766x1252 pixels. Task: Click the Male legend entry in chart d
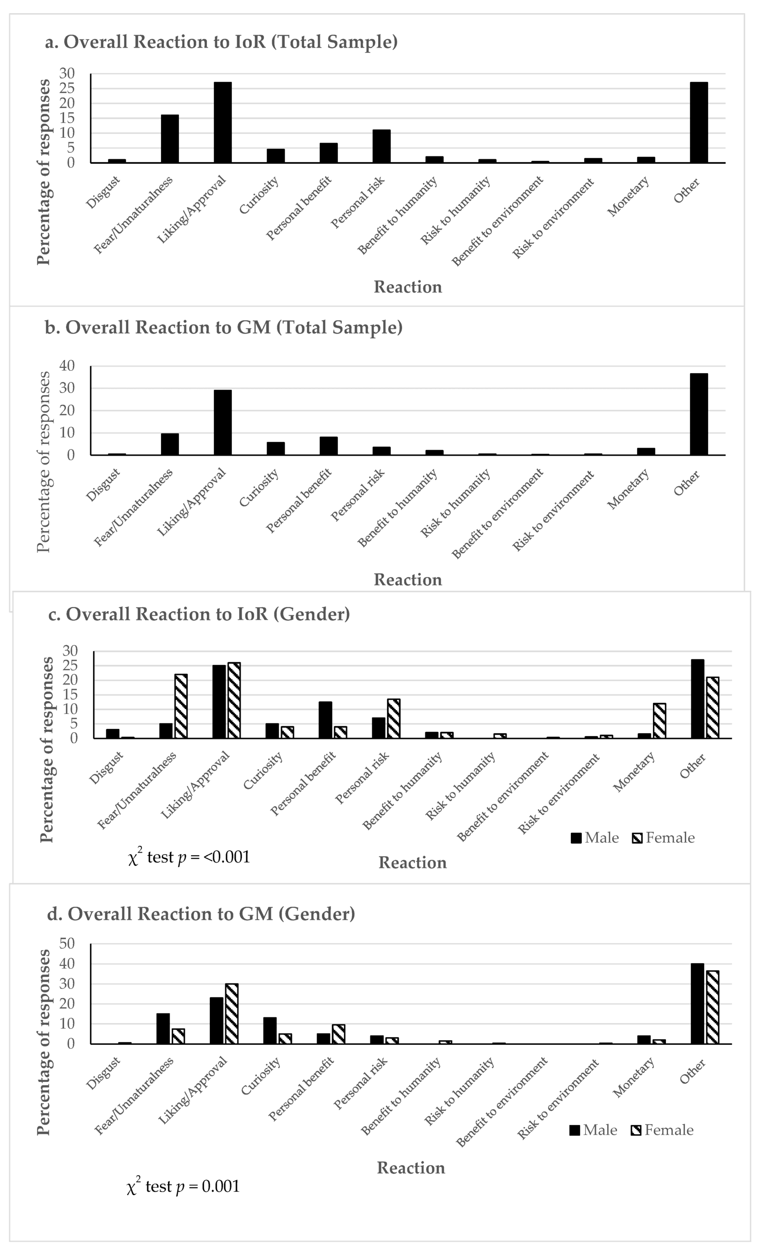click(593, 1130)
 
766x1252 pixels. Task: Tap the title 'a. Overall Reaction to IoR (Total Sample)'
click(222, 42)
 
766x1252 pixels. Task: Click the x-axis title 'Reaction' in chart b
click(408, 580)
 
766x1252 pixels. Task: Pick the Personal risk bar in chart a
click(381, 146)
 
